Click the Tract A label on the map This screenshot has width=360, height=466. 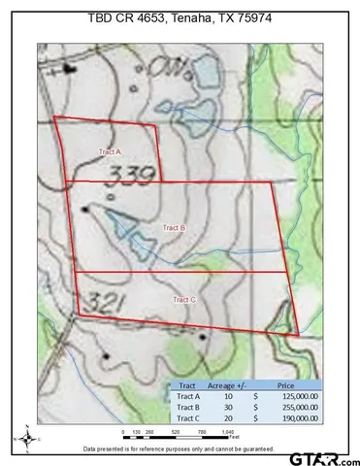tap(110, 152)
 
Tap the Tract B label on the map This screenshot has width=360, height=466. tap(174, 226)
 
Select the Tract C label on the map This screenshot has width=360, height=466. tap(184, 300)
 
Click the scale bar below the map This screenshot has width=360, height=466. tap(179, 433)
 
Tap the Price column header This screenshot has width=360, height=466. tap(291, 384)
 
